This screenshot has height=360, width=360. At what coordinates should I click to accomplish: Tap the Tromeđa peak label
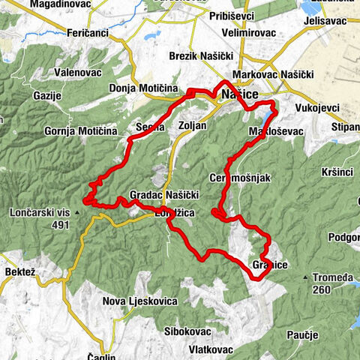point(333,278)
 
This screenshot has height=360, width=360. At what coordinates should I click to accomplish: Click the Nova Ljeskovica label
point(140,301)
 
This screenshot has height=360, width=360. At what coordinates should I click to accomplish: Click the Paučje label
point(304,334)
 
